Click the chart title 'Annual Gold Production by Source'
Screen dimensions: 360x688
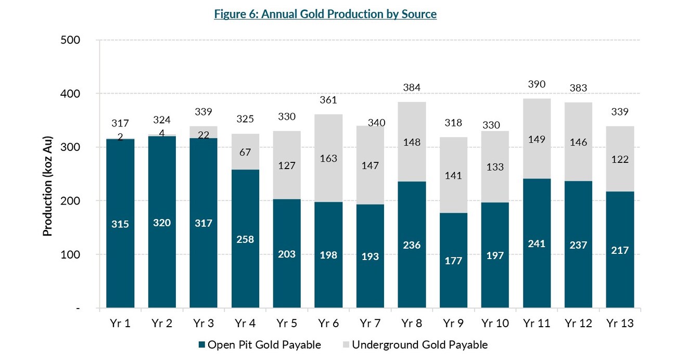click(x=325, y=14)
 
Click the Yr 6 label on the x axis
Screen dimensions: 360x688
click(x=328, y=324)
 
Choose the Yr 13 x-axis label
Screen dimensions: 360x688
click(x=620, y=324)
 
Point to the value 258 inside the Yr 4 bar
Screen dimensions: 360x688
click(x=245, y=239)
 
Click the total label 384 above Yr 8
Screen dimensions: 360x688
click(x=412, y=87)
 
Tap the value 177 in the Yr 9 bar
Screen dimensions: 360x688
click(x=453, y=260)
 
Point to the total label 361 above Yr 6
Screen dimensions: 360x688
click(x=328, y=100)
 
